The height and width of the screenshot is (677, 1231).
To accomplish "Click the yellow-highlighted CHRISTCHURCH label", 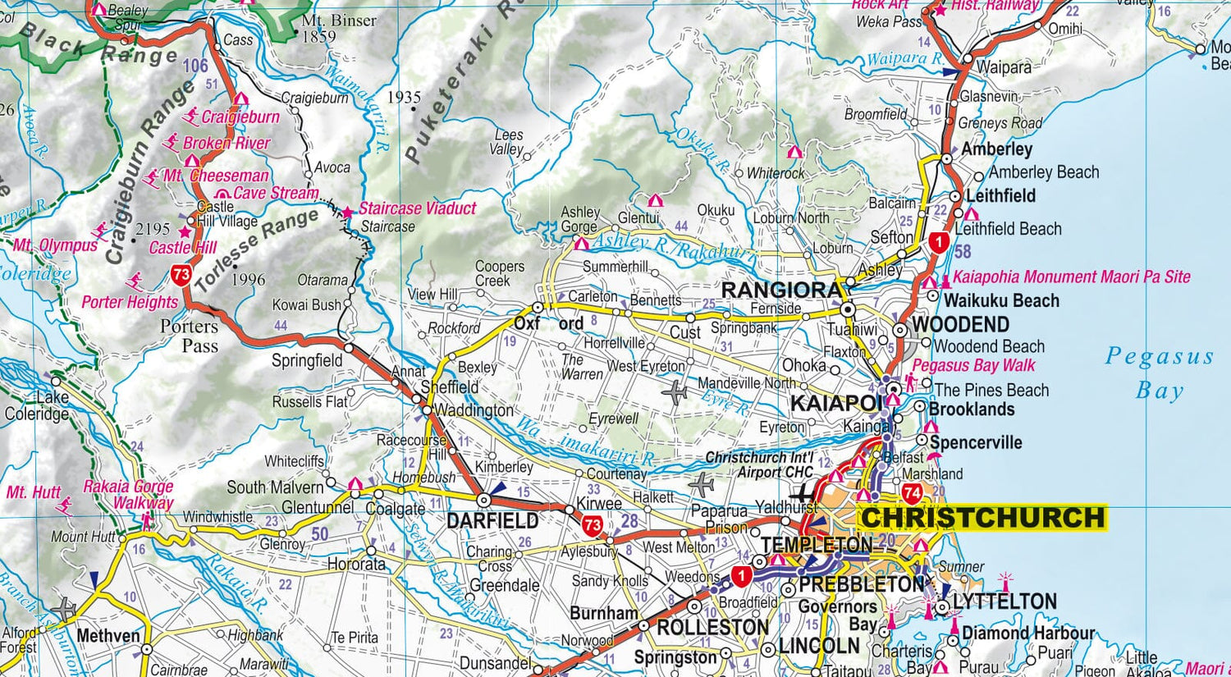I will point(982,518).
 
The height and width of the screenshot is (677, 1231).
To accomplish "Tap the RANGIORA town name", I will point(781,290).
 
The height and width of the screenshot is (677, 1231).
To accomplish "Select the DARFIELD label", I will point(492,520).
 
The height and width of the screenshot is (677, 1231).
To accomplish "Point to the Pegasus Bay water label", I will point(1159,373).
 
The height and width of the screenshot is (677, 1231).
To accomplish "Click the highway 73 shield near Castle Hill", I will point(181,274).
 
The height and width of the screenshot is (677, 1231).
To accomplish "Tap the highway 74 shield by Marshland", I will point(912,492).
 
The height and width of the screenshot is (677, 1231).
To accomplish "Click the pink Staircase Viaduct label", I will point(417,208).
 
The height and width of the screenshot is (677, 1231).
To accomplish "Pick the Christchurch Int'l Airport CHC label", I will point(760,465).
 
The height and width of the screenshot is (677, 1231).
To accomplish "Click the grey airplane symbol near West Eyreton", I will point(675,393).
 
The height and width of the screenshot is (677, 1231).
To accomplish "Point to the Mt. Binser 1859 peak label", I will point(338,28).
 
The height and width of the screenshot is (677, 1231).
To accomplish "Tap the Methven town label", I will point(108,635).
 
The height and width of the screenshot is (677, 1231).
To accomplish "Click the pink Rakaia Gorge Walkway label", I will point(129,495).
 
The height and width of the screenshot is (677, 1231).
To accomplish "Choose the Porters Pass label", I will point(190,336).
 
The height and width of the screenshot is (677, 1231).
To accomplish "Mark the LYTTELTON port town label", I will point(1004,602).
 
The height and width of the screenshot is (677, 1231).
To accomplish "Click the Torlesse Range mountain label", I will point(257,249).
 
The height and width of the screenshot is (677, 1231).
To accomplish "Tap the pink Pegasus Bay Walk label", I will point(973,365).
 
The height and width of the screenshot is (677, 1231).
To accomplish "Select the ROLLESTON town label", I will point(712,628).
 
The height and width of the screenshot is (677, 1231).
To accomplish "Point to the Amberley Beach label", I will point(1043,172).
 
